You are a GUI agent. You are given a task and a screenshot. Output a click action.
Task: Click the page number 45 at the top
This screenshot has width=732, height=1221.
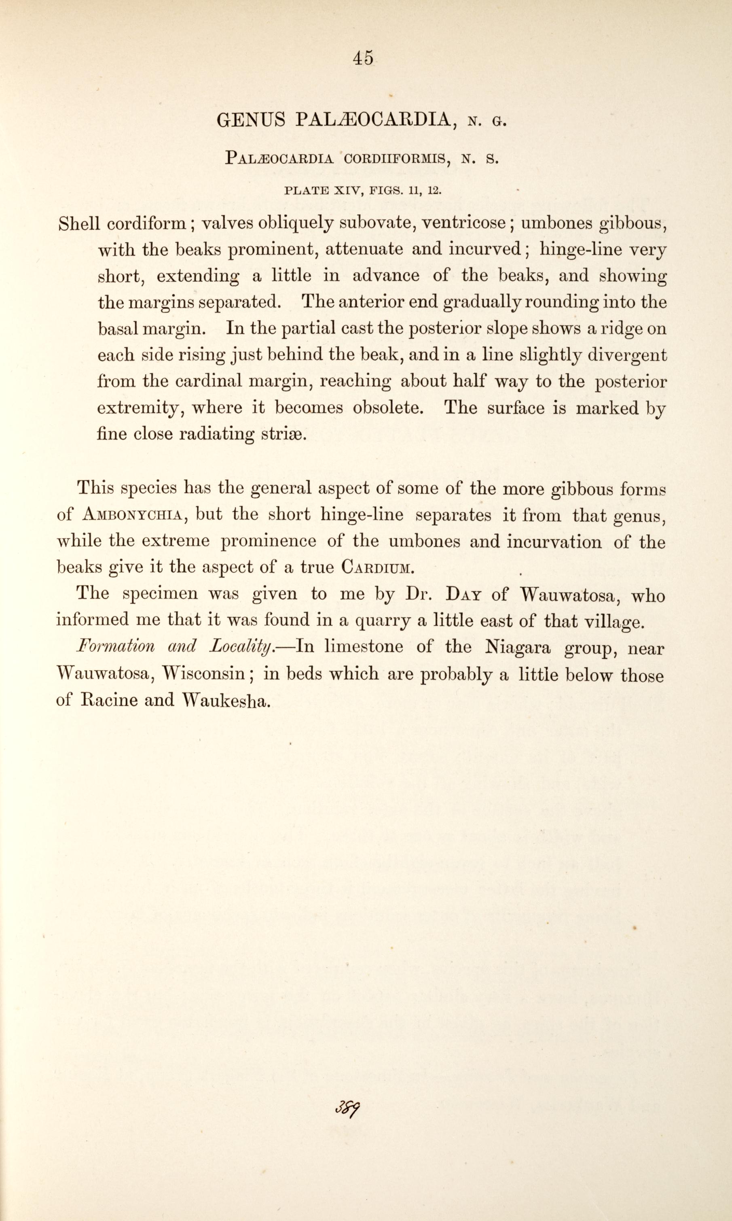pos(364,58)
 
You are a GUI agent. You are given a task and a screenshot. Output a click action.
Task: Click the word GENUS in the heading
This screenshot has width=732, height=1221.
pos(251,120)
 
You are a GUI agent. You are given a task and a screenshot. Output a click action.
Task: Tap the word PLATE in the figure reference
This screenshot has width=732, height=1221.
pos(307,191)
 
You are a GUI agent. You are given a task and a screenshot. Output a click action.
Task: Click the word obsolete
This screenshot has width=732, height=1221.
pos(388,408)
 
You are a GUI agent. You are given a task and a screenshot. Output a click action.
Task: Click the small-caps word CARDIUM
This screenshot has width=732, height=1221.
pos(377,567)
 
